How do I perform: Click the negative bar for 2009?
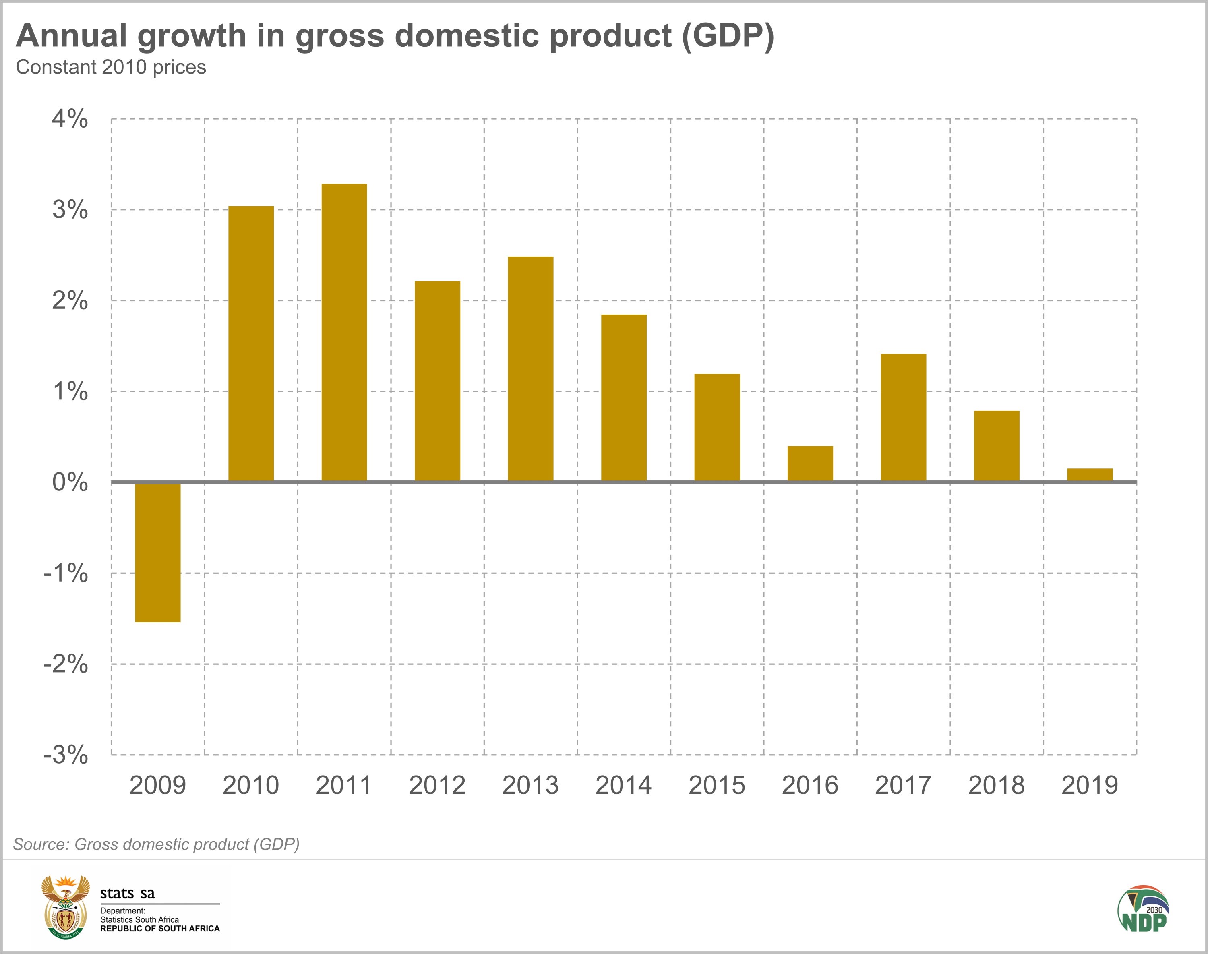click(x=158, y=552)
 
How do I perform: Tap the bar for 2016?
click(x=810, y=463)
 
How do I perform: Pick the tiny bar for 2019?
click(x=1090, y=475)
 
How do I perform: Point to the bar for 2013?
click(x=531, y=368)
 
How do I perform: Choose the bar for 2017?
click(x=903, y=417)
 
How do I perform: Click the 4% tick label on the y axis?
click(x=70, y=119)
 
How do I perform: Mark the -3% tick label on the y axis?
click(x=66, y=755)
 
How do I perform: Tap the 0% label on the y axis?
click(x=70, y=482)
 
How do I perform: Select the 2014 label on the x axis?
click(x=623, y=785)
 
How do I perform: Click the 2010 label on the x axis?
click(x=251, y=785)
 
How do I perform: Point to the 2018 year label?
click(x=996, y=785)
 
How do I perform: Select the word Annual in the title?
click(x=72, y=36)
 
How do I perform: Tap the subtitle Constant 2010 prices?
click(x=111, y=67)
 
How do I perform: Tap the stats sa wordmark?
click(x=127, y=894)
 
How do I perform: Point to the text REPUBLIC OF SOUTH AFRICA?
click(x=160, y=928)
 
